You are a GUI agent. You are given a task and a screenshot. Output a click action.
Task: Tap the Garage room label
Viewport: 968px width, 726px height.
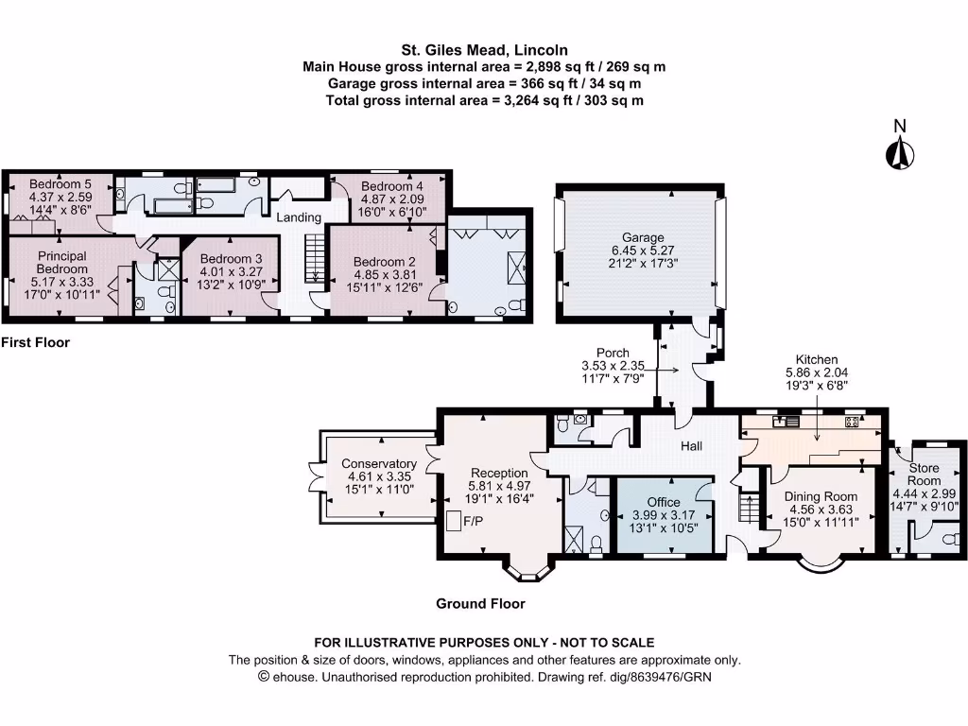642,237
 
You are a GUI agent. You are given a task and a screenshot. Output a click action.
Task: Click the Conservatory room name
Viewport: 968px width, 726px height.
379,463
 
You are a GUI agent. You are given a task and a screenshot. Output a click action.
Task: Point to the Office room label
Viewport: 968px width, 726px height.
663,502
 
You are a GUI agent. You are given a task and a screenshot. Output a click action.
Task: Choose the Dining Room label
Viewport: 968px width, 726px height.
821,496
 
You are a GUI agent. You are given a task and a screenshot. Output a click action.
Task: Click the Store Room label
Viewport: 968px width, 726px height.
925,474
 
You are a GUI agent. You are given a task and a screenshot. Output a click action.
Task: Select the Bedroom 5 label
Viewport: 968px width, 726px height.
60,183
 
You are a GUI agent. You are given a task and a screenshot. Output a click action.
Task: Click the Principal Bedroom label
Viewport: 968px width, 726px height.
62,262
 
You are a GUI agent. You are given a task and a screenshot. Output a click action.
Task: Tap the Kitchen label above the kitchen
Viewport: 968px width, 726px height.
817,360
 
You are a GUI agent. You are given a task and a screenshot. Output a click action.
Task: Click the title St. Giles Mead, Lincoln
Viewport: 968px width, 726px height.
484,50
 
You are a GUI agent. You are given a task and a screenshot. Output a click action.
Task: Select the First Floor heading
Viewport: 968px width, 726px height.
36,342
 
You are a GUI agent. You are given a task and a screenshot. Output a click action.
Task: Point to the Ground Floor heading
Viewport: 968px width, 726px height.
480,603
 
